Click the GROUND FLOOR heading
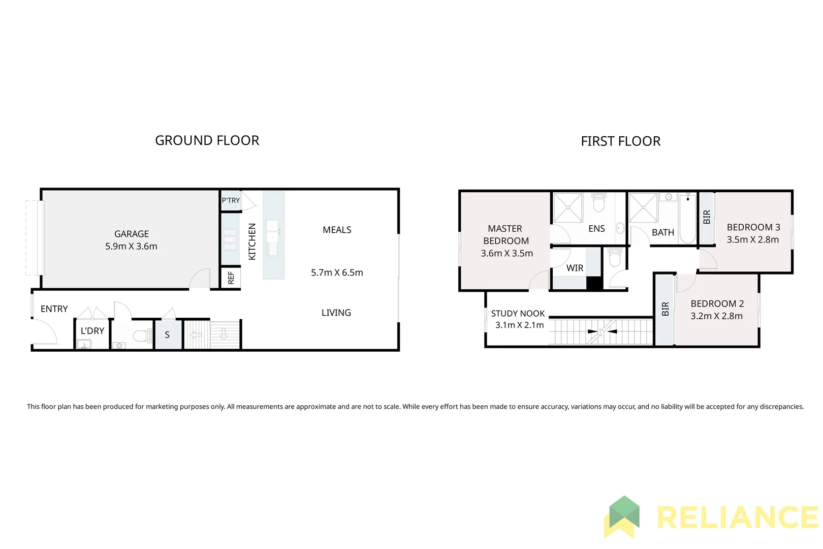tap(207, 140)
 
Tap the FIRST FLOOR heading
tap(620, 141)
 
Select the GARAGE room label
tap(132, 234)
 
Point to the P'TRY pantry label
tap(231, 200)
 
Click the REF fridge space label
tap(231, 278)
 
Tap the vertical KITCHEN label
tap(252, 241)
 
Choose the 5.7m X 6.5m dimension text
tap(337, 272)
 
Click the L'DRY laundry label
tap(92, 331)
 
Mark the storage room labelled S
tap(167, 335)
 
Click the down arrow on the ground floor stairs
tap(224, 334)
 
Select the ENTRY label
tap(54, 309)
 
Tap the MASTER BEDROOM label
tap(505, 235)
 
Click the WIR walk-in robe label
tap(575, 268)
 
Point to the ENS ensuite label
tap(596, 229)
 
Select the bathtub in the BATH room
tap(687, 219)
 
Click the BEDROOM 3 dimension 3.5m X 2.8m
tap(752, 240)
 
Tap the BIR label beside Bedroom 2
tap(665, 309)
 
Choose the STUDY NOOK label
tap(518, 314)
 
